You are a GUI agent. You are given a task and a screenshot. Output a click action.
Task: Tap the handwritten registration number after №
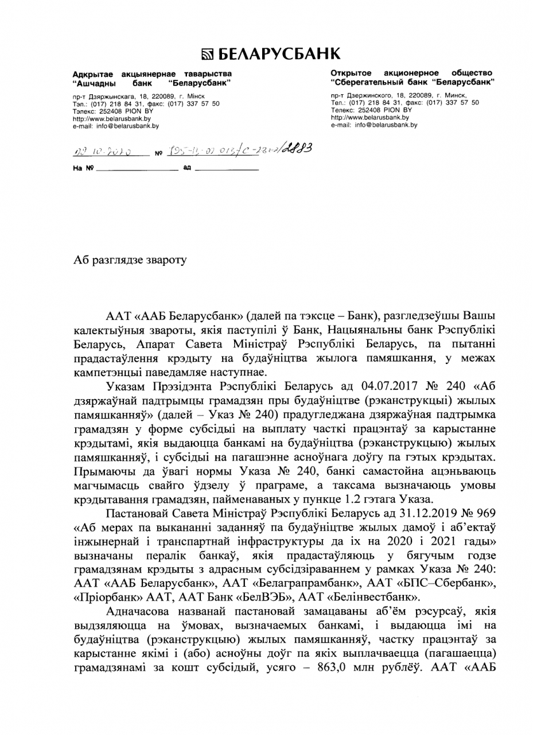pyautogui.click(x=235, y=149)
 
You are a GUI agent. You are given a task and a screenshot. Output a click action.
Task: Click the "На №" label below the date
pyautogui.click(x=81, y=170)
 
